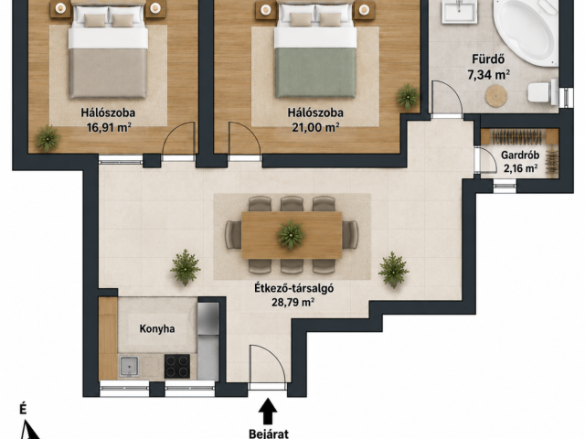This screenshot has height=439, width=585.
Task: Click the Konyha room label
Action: [157, 329]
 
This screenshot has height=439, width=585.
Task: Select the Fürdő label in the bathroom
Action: [488, 59]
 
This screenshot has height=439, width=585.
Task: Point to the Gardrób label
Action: [520, 155]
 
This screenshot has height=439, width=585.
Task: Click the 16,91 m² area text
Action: [109, 128]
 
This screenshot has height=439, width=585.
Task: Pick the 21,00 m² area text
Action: [315, 128]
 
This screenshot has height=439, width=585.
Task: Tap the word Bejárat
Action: [269, 434]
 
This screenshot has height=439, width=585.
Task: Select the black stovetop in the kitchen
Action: [177, 366]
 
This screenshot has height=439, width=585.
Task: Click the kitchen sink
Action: [129, 367]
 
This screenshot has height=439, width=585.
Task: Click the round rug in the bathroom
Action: [495, 96]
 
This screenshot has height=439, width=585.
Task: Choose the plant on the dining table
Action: [291, 235]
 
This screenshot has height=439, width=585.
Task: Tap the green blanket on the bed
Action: [316, 71]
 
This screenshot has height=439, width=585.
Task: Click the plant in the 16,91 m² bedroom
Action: [48, 138]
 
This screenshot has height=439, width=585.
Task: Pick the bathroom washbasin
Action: [459, 10]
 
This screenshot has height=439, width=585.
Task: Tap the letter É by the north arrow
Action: [23, 410]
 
